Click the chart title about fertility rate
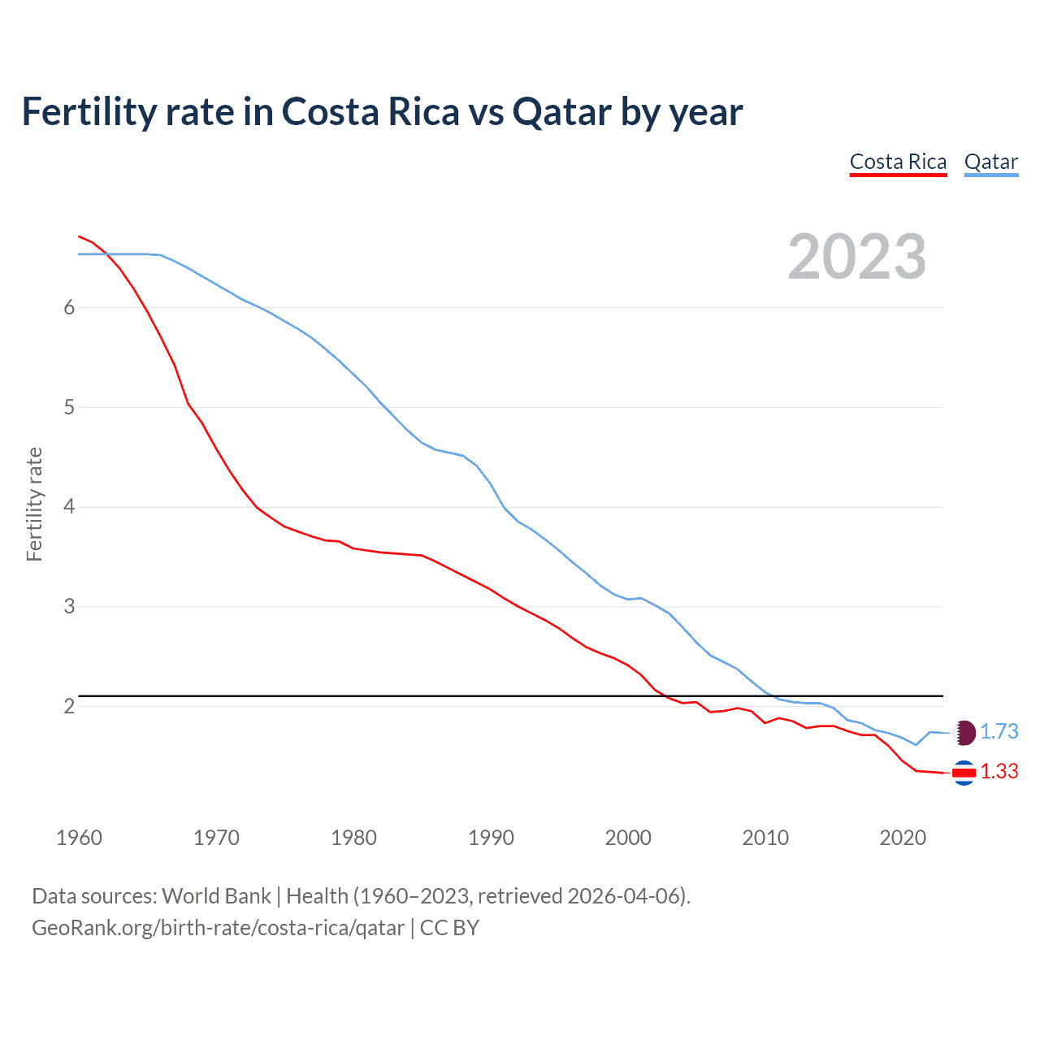pos(382,112)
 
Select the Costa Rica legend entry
pos(898,162)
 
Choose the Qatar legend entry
pos(990,162)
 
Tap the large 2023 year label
pos(856,257)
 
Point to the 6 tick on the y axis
pos(69,307)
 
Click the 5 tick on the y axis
pos(69,407)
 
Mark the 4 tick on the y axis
pos(69,507)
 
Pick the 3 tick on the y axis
pos(69,607)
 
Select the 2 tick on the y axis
pos(69,706)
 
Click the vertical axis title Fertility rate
pos(34,504)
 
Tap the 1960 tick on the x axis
pos(79,838)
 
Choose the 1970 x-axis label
pos(216,838)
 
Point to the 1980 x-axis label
pos(353,838)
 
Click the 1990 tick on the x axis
pos(491,838)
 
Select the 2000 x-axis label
pos(628,838)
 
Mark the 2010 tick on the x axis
pos(765,838)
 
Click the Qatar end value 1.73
pos(999,731)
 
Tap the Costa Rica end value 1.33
pos(999,771)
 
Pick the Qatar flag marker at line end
pos(964,732)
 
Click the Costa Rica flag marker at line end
pos(964,773)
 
